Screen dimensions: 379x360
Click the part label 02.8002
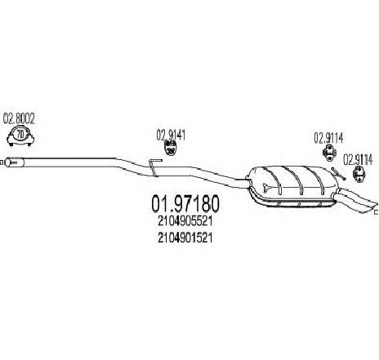tap(19, 118)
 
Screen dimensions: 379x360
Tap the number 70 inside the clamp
tap(20, 134)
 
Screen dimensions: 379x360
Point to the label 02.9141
tap(171, 135)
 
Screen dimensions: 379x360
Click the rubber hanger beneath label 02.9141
tap(170, 149)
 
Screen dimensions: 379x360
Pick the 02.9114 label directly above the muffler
tap(328, 138)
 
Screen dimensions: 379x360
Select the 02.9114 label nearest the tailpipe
tap(358, 160)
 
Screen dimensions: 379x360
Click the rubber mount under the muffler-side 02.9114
tap(329, 153)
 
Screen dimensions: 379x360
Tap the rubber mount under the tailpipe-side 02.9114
tap(359, 174)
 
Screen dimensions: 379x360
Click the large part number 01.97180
tap(185, 204)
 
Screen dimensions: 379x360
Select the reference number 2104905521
tap(185, 221)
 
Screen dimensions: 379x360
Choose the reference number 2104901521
tap(185, 238)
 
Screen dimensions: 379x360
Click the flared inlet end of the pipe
tap(14, 162)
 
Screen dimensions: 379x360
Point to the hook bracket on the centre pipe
tap(154, 167)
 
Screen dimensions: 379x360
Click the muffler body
tap(292, 185)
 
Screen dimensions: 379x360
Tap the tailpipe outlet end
tap(372, 207)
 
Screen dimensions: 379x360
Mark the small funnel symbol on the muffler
tap(267, 188)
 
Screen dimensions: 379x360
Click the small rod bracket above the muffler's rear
tap(338, 174)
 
